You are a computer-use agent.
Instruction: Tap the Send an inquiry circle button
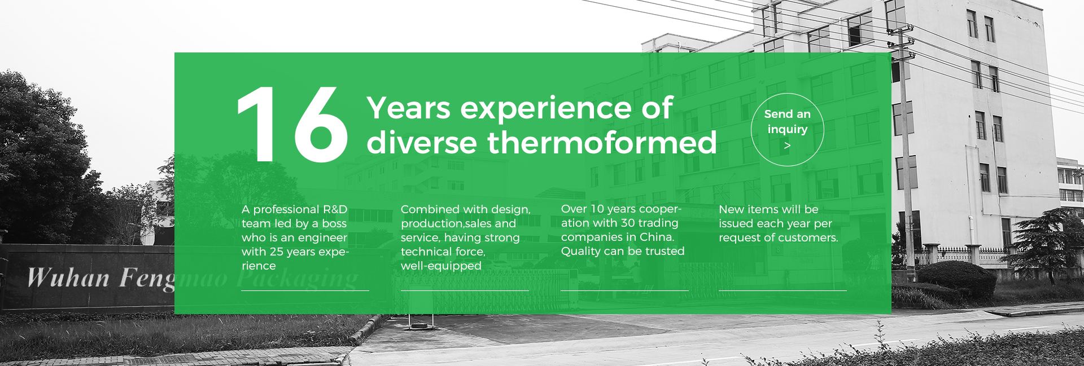(787, 130)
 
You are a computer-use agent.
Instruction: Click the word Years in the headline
(409, 108)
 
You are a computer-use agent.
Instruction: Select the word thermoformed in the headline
(602, 142)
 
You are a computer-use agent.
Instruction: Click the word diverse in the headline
(422, 142)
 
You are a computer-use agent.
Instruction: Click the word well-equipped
(441, 266)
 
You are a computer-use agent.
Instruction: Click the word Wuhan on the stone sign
(68, 278)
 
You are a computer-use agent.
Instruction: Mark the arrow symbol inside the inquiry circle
(787, 145)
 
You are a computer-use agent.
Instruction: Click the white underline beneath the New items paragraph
(783, 290)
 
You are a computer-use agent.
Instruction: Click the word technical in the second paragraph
(425, 252)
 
